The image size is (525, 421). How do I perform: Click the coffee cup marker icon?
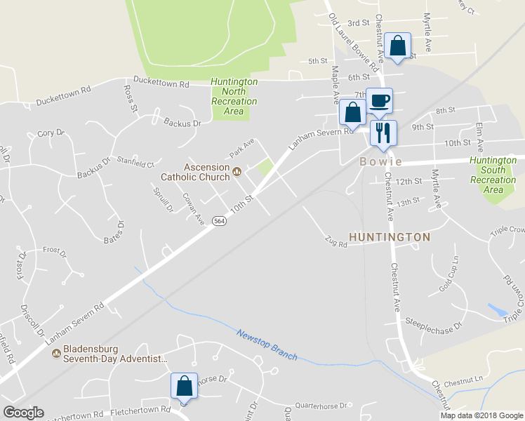380,100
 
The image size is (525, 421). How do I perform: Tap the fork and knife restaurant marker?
383,132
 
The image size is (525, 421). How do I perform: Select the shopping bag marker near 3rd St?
398,46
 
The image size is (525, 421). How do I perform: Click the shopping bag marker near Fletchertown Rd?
184,385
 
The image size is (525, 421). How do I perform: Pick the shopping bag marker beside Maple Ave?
352,112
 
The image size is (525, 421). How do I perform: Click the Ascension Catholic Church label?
206,172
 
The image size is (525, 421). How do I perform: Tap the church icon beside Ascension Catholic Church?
237,170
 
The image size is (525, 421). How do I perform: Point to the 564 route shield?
220,220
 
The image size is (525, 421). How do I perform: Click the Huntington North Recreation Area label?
234,96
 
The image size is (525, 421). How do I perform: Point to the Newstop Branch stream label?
266,345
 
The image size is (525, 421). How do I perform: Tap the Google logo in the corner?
23,413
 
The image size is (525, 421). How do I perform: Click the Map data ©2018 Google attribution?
481,415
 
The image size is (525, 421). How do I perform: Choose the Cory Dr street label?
51,133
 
